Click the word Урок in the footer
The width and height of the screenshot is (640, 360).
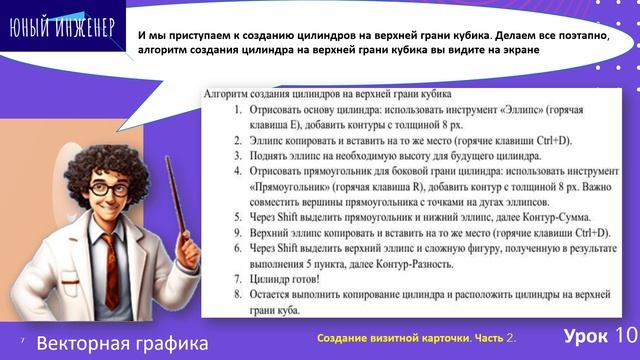(582, 334)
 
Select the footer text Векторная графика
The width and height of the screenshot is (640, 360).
(123, 343)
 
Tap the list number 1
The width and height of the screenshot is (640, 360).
(237, 107)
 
